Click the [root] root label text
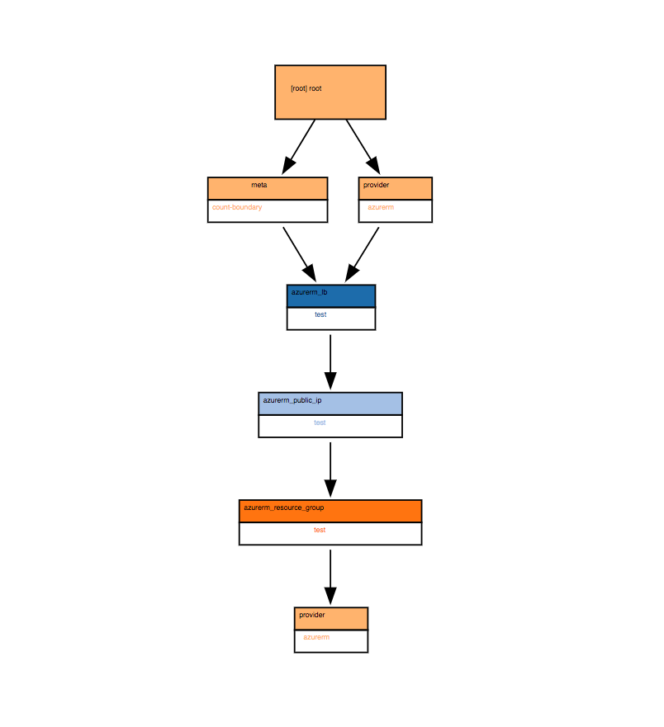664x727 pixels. point(306,88)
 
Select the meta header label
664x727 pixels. point(259,186)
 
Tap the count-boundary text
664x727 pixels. point(237,207)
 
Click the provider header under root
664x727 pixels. point(377,186)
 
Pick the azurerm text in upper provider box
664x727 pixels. point(381,207)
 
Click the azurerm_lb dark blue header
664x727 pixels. point(310,293)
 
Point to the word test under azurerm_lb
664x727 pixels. point(320,314)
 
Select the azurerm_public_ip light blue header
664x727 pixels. point(292,400)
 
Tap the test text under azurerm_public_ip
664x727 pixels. point(320,423)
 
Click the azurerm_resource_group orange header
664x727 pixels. point(284,507)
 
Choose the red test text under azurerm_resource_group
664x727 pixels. point(320,530)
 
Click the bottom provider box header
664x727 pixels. point(312,616)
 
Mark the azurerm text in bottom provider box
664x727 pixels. point(316,637)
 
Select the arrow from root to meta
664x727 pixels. point(299,146)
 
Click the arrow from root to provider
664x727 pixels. point(362,146)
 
